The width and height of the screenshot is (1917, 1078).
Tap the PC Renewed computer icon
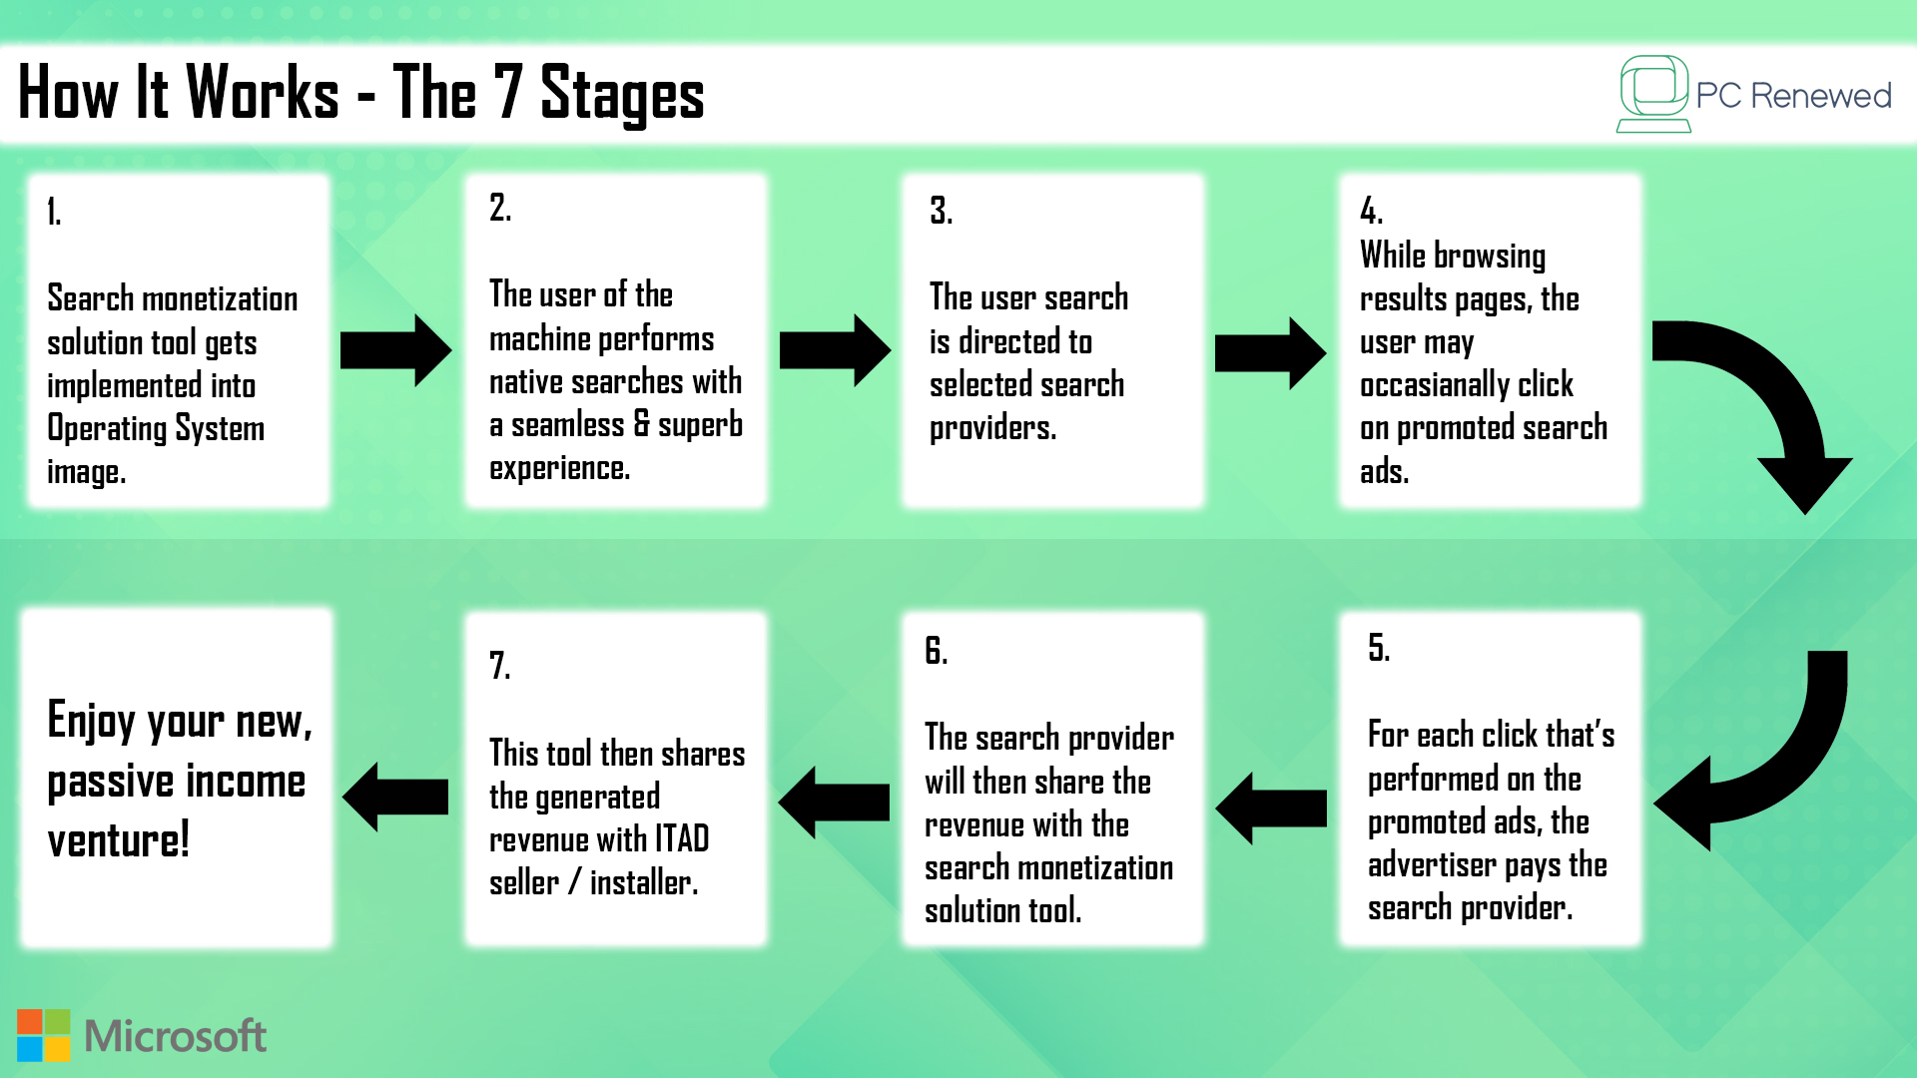point(1653,94)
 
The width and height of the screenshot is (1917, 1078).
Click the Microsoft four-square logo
point(44,1035)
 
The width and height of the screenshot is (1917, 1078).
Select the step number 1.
point(54,212)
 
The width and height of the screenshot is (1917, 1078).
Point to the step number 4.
point(1371,211)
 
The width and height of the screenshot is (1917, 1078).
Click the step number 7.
point(500,665)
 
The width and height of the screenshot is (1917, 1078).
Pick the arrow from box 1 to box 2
point(396,350)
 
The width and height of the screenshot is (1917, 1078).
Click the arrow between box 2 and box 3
point(835,350)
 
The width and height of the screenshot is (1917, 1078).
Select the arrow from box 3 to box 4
point(1270,353)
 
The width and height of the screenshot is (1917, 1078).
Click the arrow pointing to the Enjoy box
point(395,797)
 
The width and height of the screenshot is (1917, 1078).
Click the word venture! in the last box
point(118,840)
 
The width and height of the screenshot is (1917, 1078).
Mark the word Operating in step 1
point(107,428)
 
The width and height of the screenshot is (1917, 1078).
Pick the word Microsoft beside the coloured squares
point(176,1036)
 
